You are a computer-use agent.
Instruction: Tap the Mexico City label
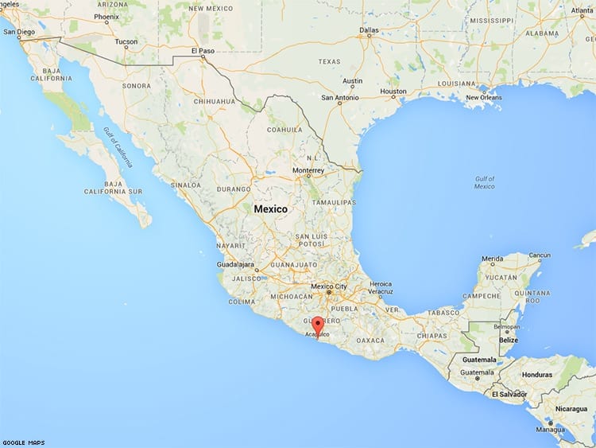click(x=328, y=286)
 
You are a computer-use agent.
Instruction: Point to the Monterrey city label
click(x=309, y=170)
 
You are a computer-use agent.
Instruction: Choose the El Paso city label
click(x=203, y=50)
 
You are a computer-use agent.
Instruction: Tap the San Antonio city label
click(x=339, y=98)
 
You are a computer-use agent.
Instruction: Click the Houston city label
click(x=393, y=92)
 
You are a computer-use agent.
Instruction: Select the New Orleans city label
click(x=483, y=97)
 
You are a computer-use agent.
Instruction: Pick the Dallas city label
click(x=369, y=30)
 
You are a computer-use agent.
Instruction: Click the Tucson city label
click(x=126, y=41)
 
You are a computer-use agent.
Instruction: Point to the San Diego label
click(x=19, y=32)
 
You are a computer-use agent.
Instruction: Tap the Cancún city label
click(x=540, y=255)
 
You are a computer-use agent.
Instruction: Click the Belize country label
click(x=508, y=341)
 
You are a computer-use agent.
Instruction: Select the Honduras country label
click(x=537, y=374)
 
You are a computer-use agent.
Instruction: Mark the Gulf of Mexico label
click(x=484, y=182)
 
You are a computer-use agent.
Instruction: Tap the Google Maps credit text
click(x=23, y=442)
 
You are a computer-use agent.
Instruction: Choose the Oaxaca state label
click(x=370, y=340)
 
